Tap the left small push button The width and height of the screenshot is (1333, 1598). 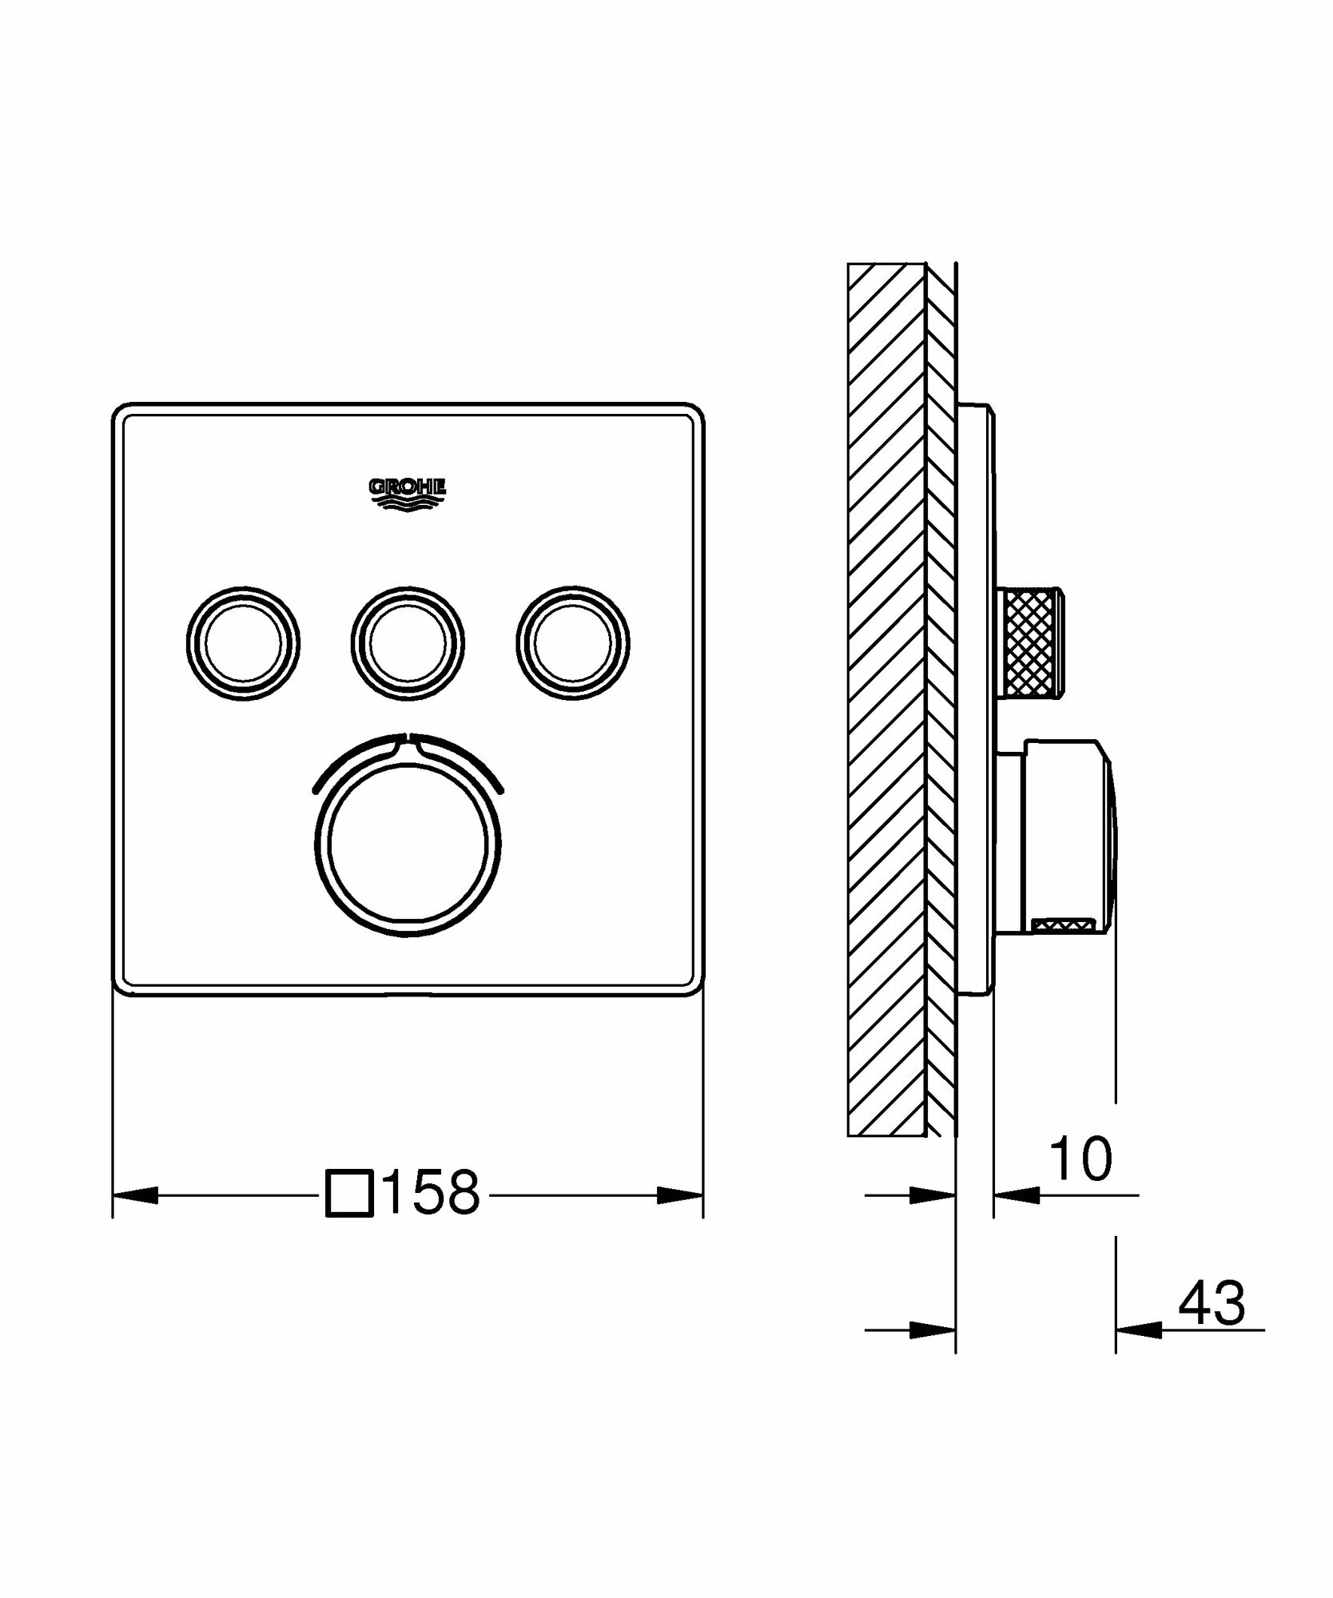coord(243,642)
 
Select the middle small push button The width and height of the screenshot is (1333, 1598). coord(407,642)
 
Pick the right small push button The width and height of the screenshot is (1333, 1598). coord(572,642)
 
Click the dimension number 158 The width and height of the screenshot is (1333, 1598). coord(432,1194)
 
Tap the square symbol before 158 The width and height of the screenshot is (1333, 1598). coord(349,1194)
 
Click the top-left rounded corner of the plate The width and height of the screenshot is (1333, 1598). coord(123,415)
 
